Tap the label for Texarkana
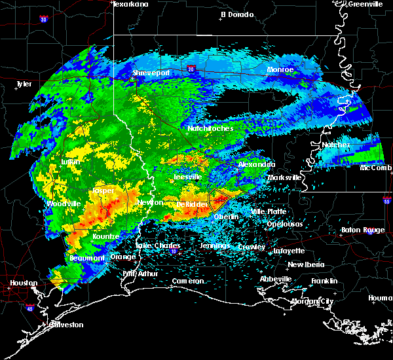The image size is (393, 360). point(130,4)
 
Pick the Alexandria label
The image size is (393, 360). point(256,164)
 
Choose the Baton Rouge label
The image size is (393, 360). point(364,230)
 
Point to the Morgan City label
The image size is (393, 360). point(313,301)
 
